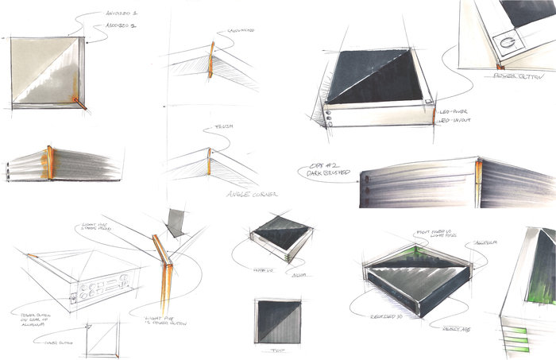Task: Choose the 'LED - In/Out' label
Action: (458, 122)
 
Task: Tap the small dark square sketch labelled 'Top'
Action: (277, 323)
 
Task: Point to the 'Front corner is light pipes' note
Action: (438, 234)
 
